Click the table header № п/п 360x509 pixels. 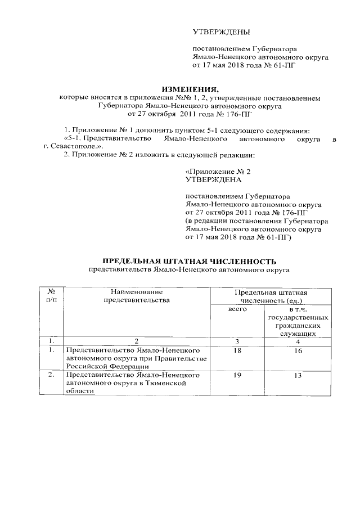[x=51, y=296]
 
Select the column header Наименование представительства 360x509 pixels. [x=137, y=296]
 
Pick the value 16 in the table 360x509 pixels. [x=297, y=351]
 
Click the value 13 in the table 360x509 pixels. [x=297, y=375]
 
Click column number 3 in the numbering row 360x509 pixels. [x=237, y=341]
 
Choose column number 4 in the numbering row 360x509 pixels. [x=297, y=341]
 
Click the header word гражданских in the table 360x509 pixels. [x=298, y=325]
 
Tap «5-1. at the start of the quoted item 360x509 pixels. [x=75, y=138]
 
